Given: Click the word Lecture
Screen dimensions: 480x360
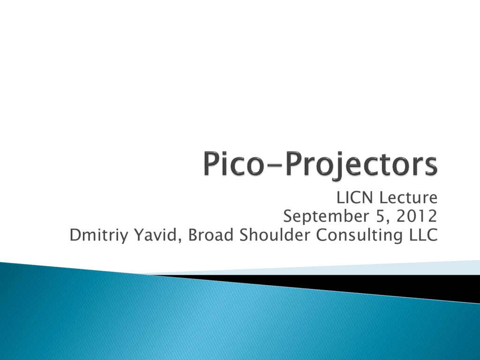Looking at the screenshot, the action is (409, 197).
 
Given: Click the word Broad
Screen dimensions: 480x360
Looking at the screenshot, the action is (210, 235).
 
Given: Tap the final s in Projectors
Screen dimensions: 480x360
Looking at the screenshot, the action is (430, 166).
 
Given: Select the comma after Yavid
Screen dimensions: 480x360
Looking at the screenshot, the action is (180, 240).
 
